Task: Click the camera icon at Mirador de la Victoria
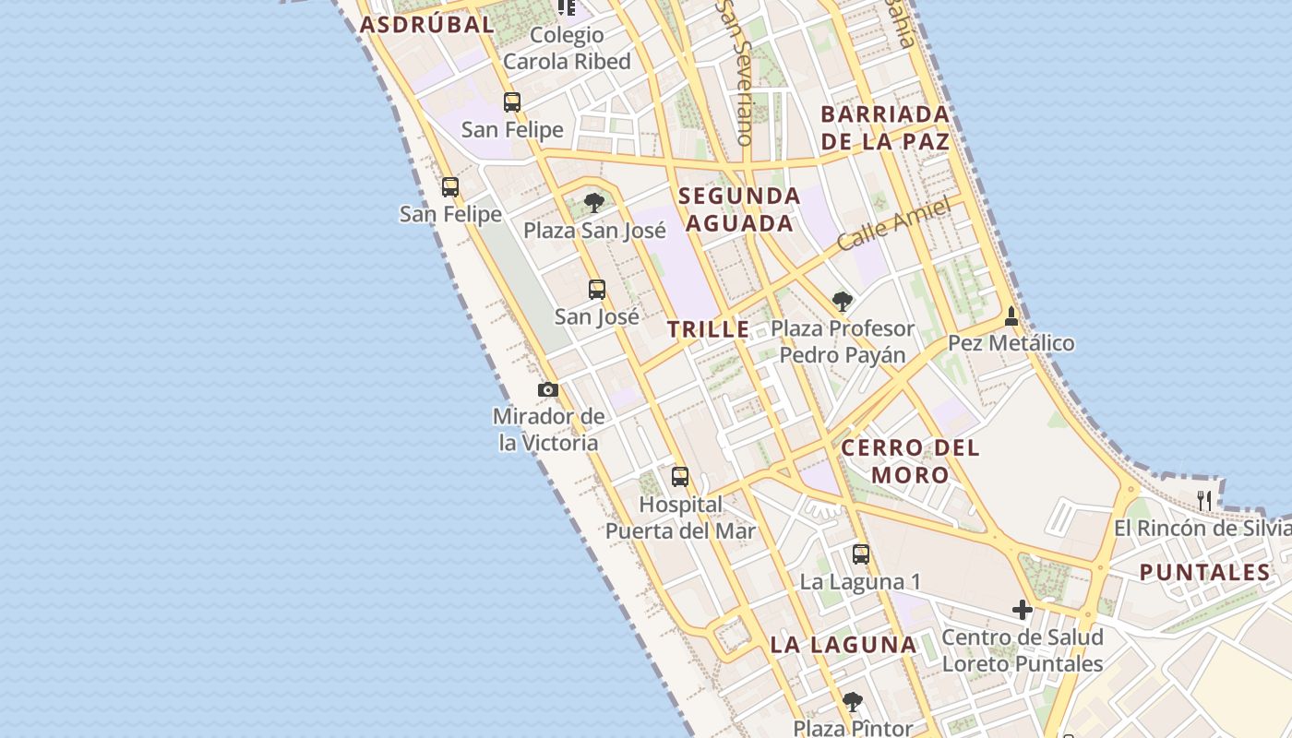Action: (x=548, y=389)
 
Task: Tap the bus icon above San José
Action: (x=597, y=289)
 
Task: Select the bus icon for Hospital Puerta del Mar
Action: (x=680, y=477)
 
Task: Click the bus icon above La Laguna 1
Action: (x=860, y=553)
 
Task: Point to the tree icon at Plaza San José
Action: (x=594, y=202)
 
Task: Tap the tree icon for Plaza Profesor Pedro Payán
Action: (x=842, y=300)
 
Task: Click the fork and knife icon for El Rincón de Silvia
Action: (x=1204, y=500)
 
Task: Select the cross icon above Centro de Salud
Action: (x=1022, y=610)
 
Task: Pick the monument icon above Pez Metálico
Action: (x=1011, y=315)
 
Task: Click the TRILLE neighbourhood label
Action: (x=709, y=329)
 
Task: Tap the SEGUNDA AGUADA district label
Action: (x=740, y=209)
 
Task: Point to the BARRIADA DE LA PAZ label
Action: (x=885, y=127)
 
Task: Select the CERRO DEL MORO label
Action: (x=910, y=461)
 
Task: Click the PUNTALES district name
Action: (x=1205, y=573)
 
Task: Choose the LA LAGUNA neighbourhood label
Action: (x=843, y=645)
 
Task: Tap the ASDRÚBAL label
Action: (x=427, y=25)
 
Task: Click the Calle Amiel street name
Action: (x=893, y=224)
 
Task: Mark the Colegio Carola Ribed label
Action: (x=567, y=49)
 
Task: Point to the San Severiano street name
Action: (x=735, y=74)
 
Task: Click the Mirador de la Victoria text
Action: (x=549, y=429)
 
